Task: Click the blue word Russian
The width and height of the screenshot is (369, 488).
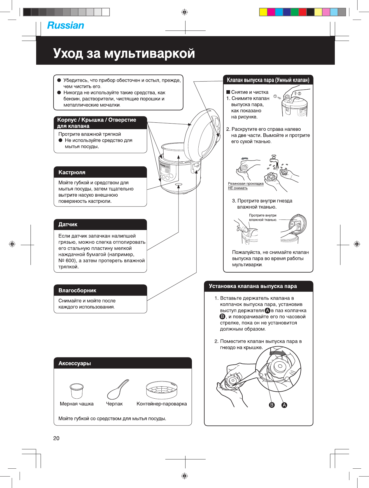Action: (x=66, y=25)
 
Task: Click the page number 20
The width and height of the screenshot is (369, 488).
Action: (x=56, y=438)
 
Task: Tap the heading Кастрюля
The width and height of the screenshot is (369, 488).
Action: (x=72, y=172)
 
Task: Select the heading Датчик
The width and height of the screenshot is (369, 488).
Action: (x=68, y=224)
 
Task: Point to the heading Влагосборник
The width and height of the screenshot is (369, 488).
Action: (x=77, y=291)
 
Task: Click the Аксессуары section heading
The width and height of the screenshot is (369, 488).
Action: (x=75, y=363)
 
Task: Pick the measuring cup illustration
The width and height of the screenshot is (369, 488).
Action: (x=76, y=391)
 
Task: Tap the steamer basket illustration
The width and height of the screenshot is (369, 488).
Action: (x=162, y=390)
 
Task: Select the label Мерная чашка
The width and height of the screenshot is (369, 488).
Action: (x=76, y=404)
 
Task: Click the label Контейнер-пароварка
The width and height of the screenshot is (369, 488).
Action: (x=162, y=404)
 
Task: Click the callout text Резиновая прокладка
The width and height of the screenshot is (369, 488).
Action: (x=246, y=184)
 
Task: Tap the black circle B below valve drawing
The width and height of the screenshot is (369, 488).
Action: (x=271, y=405)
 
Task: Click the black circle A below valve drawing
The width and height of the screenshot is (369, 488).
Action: (x=284, y=405)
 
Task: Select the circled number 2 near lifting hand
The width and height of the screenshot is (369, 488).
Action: (x=299, y=93)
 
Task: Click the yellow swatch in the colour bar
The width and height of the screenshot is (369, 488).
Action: (x=263, y=12)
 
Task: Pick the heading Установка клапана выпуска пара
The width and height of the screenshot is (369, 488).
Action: (x=253, y=286)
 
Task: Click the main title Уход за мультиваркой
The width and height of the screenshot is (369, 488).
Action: (x=124, y=53)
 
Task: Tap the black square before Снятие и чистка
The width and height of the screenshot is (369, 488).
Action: (x=228, y=92)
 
